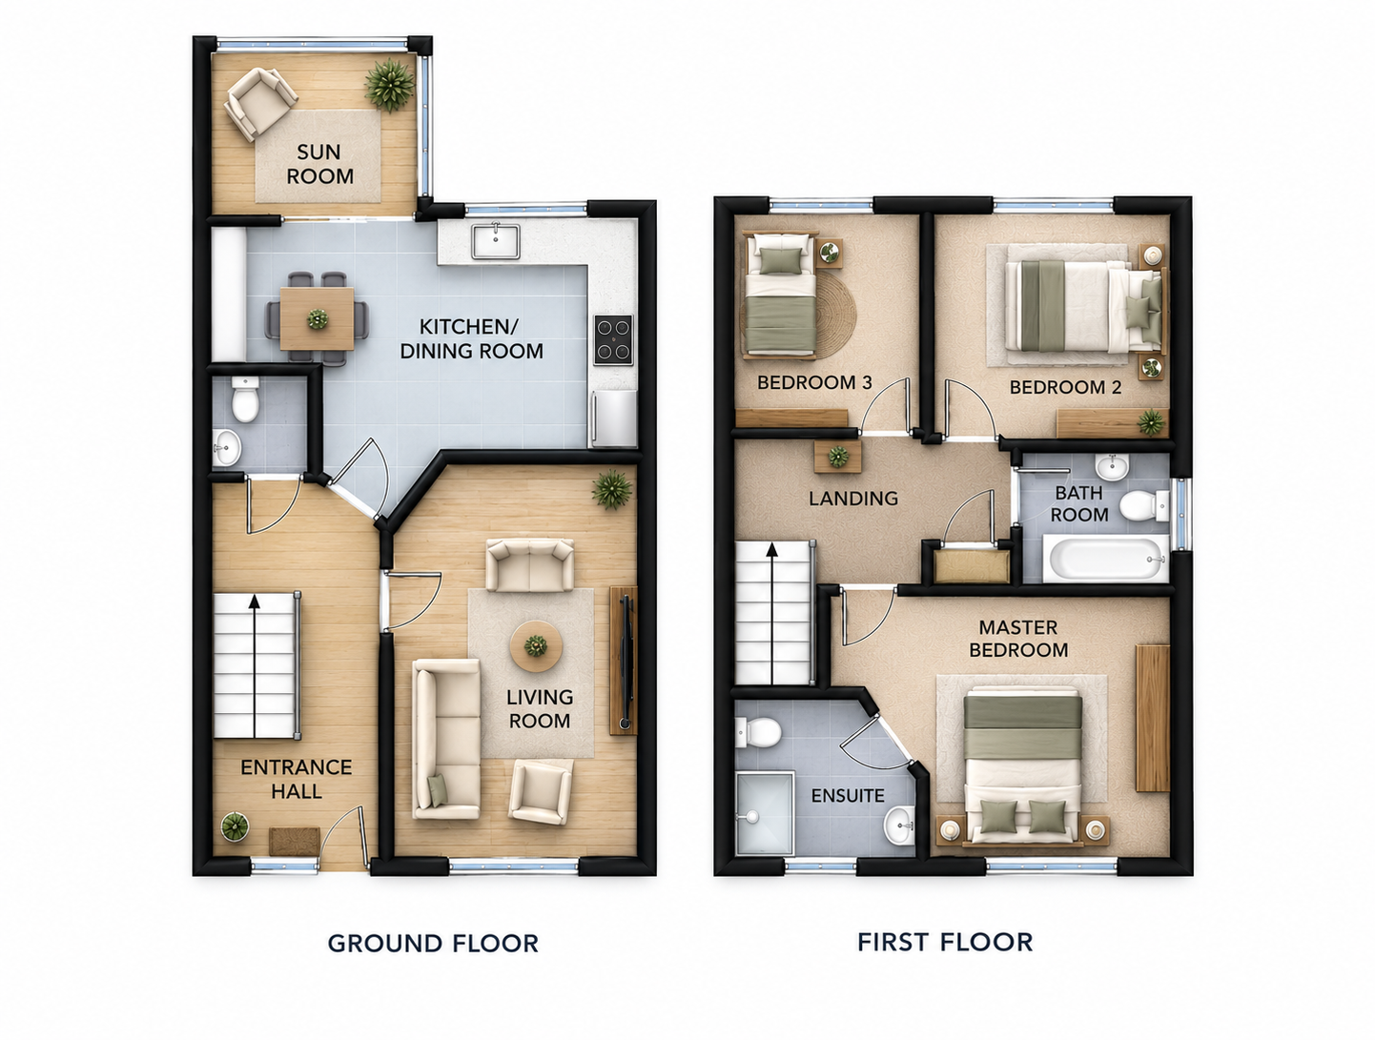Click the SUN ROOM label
click(x=320, y=164)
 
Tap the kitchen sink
click(x=496, y=242)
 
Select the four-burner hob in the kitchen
click(x=613, y=340)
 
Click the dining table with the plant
click(x=317, y=318)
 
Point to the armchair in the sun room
click(x=260, y=103)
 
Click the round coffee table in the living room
click(x=535, y=646)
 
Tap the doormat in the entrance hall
click(x=295, y=841)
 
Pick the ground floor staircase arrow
click(x=255, y=665)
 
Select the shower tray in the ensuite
click(x=765, y=813)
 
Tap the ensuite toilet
click(x=758, y=732)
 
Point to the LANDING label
click(x=853, y=499)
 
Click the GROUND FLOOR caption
click(x=433, y=943)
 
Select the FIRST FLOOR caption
click(x=945, y=942)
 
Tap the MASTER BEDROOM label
click(x=1018, y=639)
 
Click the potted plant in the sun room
click(x=390, y=85)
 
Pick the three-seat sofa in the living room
click(x=446, y=739)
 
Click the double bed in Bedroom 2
click(x=1085, y=306)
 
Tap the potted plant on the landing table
click(x=838, y=456)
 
